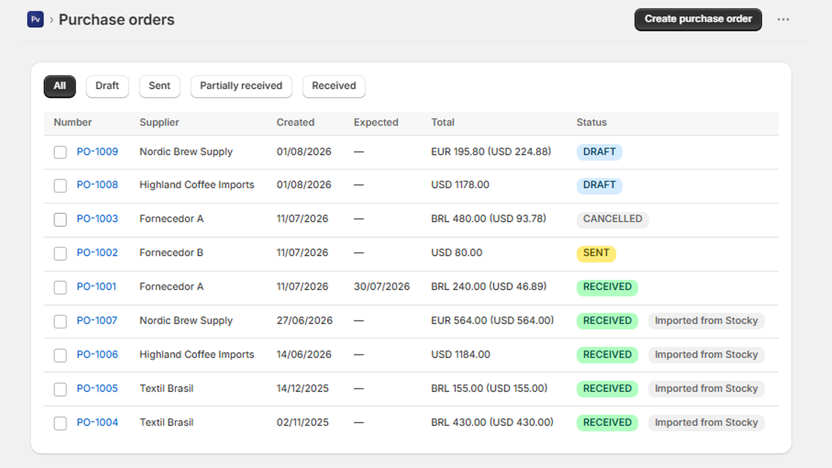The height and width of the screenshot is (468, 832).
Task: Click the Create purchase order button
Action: click(x=698, y=19)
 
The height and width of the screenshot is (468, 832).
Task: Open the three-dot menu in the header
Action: click(x=783, y=19)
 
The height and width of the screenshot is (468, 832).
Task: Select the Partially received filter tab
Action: click(x=241, y=86)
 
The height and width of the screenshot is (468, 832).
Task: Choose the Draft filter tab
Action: click(x=107, y=86)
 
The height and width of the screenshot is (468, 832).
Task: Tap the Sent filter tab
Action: click(x=159, y=86)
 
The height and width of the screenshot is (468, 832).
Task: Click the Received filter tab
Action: click(x=334, y=86)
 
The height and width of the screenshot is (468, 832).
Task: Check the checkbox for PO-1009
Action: click(x=60, y=152)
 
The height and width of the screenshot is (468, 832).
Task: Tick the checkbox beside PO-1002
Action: click(x=60, y=254)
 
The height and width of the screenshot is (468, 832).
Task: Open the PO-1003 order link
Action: click(x=97, y=219)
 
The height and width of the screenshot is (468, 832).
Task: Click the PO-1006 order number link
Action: click(x=97, y=355)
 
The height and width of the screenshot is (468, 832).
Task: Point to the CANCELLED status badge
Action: click(x=613, y=219)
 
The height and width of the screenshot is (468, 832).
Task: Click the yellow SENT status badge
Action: click(x=596, y=253)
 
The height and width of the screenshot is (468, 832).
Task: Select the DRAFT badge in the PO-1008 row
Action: click(x=599, y=185)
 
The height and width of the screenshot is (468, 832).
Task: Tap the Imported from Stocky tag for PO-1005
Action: click(x=706, y=389)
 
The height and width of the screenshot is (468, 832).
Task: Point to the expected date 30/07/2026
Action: click(x=382, y=287)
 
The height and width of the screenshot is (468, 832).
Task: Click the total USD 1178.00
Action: click(x=460, y=185)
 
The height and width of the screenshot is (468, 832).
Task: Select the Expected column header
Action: click(x=376, y=123)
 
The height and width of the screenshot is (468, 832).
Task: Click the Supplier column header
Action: click(x=159, y=123)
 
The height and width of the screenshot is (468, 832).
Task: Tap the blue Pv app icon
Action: click(x=35, y=19)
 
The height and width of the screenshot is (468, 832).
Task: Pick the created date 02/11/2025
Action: click(x=302, y=423)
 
